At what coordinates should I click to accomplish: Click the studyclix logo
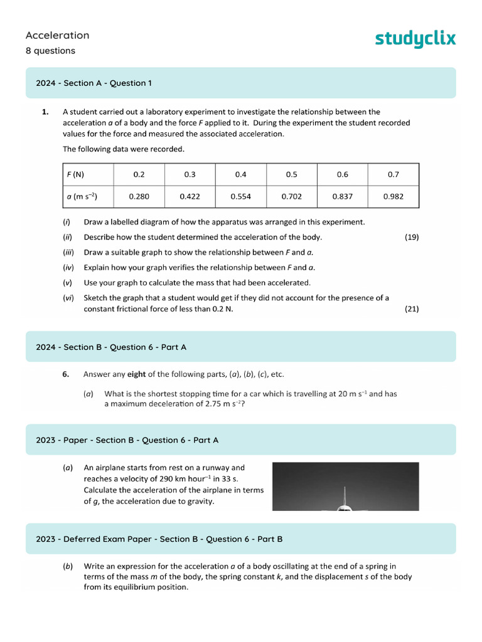[x=415, y=39]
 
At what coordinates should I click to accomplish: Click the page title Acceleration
[x=58, y=35]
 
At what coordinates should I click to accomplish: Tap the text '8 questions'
[x=50, y=51]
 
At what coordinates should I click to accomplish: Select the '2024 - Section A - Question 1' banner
[x=241, y=83]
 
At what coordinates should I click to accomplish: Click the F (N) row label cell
[x=88, y=174]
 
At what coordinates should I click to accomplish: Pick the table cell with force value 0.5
[x=292, y=174]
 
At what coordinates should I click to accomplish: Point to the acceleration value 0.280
[x=139, y=196]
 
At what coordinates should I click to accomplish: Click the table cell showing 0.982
[x=394, y=196]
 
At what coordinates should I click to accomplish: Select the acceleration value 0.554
[x=241, y=196]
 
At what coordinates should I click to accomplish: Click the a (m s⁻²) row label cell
[x=88, y=196]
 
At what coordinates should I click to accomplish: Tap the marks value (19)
[x=412, y=237]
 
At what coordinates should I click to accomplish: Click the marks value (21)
[x=412, y=308]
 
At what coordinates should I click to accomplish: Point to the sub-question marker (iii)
[x=68, y=252]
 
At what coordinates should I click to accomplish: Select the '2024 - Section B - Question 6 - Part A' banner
[x=241, y=347]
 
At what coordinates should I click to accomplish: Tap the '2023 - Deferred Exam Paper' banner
[x=241, y=539]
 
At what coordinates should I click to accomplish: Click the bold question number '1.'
[x=45, y=112]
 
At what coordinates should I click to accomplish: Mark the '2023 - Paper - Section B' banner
[x=241, y=440]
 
